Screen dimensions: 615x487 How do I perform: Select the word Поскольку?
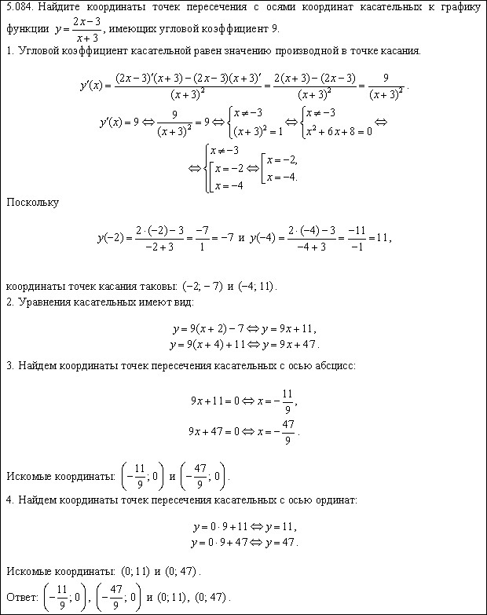[32, 202]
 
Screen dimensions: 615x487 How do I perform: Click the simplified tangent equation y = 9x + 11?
[285, 328]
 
